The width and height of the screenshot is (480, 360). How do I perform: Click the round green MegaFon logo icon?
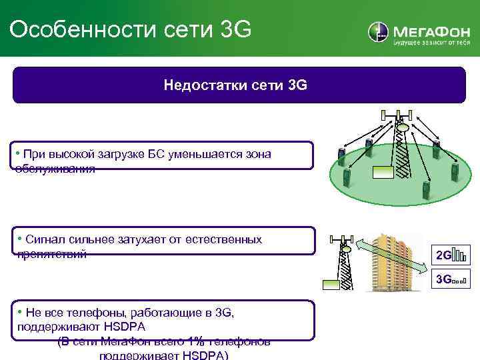point(378,32)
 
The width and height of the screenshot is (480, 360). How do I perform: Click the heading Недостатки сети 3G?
point(235,85)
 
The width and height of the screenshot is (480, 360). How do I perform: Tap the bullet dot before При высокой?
point(19,154)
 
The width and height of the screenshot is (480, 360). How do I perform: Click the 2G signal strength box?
point(450,255)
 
